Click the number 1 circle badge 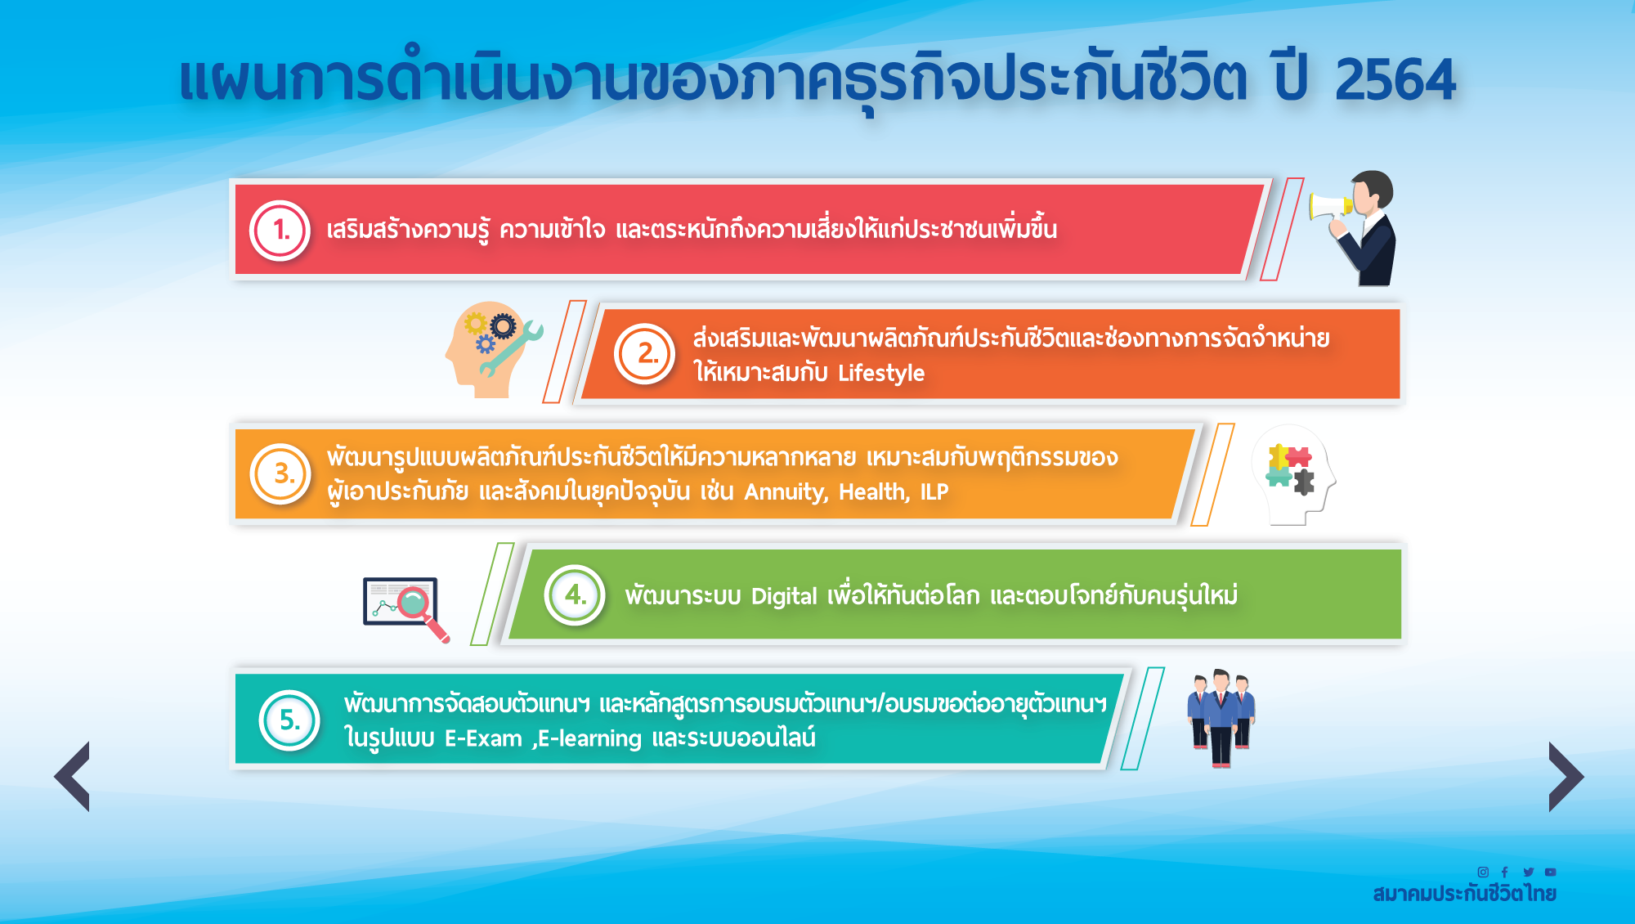280,231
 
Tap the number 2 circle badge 645,354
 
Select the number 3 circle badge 280,473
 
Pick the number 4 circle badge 575,594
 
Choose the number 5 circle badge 289,720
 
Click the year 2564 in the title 1395,80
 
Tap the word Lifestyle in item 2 881,374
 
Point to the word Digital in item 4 784,597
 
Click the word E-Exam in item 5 483,739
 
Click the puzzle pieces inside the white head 1290,469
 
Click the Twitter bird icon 1528,872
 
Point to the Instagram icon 1483,872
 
